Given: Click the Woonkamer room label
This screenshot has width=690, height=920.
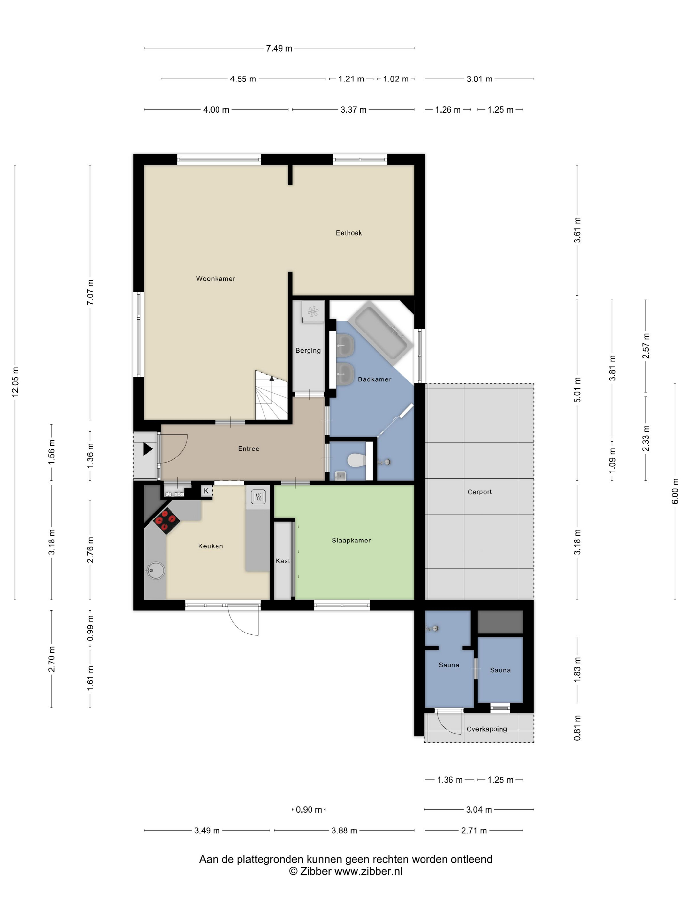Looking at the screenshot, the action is [x=216, y=279].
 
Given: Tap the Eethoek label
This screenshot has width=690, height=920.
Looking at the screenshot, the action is [x=349, y=233].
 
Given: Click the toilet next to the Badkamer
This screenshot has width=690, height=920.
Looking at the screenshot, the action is [x=356, y=460].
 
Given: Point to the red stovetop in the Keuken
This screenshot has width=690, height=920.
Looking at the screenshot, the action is [x=167, y=521].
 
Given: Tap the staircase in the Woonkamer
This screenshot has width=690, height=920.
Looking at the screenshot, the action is [x=271, y=395].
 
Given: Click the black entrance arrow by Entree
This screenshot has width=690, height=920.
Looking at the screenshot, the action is [x=148, y=449].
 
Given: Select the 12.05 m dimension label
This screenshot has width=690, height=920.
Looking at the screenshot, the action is [x=15, y=382].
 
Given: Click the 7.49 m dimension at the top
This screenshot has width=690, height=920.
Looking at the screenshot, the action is [x=279, y=48].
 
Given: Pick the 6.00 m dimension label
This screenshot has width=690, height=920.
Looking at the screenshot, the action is [x=675, y=491].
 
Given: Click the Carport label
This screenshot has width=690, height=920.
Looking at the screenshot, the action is [x=479, y=492].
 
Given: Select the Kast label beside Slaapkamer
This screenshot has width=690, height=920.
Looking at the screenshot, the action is [x=283, y=561].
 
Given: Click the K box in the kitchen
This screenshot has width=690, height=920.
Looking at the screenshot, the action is [x=206, y=491].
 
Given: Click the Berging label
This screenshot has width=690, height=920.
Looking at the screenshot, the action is [x=308, y=351].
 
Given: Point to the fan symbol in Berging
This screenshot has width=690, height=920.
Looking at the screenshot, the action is [x=313, y=311].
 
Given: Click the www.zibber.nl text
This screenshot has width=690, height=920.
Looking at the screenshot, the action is [x=369, y=871].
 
